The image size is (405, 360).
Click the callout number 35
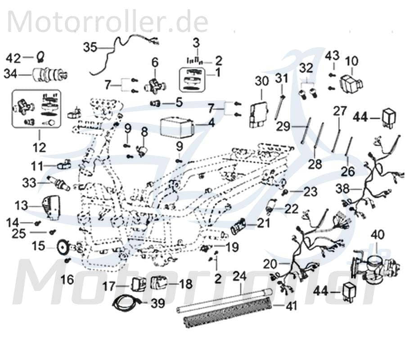pos(90,47)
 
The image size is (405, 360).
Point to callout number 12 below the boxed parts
pos(39,146)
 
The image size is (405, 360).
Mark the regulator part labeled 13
pos(52,207)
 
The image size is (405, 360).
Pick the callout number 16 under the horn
pos(67,280)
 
